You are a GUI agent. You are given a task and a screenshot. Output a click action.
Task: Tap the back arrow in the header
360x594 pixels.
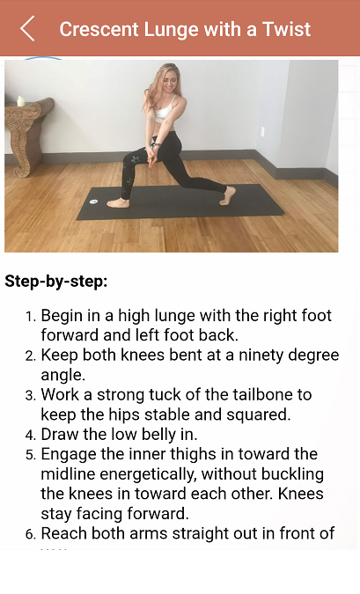coord(27,28)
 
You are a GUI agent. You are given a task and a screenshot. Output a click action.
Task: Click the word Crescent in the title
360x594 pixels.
coord(99,29)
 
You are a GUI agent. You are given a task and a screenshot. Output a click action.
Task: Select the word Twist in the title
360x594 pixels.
coord(286,29)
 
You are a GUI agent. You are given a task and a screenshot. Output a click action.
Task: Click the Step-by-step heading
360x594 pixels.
coord(56,282)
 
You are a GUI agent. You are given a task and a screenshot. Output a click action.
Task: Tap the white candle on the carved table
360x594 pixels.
coord(20,101)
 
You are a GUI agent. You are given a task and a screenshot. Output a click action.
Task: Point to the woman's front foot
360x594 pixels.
coord(118,203)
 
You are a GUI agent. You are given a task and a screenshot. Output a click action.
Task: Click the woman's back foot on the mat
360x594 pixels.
coord(227,195)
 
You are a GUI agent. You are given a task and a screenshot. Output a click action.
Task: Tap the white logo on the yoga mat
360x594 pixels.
coord(93,202)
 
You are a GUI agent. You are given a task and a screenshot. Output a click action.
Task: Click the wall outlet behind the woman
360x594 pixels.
coord(262,132)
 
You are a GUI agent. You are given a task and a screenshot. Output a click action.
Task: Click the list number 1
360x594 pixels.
coord(30,317)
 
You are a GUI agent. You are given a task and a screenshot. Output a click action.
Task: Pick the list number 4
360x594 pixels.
coord(30,436)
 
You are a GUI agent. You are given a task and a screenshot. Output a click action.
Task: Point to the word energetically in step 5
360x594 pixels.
coord(148,474)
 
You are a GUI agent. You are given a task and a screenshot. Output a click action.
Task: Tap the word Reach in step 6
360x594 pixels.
coord(64,533)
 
